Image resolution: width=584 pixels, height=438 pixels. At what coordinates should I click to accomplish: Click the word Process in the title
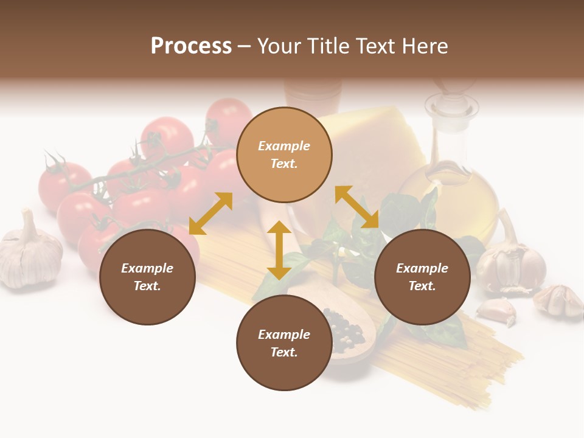tap(191, 46)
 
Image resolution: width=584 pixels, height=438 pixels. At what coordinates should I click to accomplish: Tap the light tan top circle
tap(284, 155)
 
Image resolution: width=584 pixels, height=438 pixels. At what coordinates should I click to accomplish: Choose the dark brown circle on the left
tap(147, 277)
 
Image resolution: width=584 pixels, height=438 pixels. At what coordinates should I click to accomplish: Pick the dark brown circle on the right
tap(422, 277)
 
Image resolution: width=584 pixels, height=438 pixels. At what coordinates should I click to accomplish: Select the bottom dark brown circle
tap(284, 343)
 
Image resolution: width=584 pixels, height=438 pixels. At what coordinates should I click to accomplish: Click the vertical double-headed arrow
tap(279, 250)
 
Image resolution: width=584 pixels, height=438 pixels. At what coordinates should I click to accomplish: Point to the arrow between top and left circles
tap(210, 214)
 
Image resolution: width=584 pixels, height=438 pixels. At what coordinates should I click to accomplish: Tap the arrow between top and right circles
tap(357, 207)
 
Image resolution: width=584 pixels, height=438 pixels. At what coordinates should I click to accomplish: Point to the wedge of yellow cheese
tap(371, 146)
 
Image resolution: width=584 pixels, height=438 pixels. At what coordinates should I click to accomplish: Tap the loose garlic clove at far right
tap(558, 300)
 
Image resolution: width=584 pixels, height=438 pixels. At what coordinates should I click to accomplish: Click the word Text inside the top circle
tap(284, 164)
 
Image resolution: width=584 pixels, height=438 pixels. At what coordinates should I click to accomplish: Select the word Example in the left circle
tap(147, 268)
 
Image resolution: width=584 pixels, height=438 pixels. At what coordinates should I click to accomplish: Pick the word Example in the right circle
tap(422, 268)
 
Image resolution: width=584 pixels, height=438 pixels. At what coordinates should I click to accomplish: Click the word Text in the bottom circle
tap(284, 352)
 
